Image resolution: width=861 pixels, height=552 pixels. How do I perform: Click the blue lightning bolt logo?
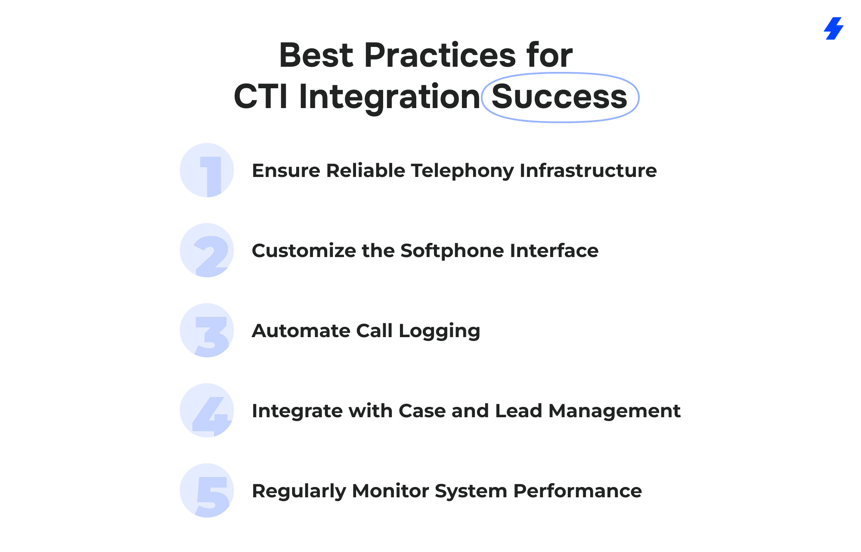pyautogui.click(x=833, y=28)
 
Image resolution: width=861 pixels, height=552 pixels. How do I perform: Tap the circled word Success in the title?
pyautogui.click(x=559, y=96)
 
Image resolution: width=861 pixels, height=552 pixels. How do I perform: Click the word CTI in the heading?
pyautogui.click(x=260, y=96)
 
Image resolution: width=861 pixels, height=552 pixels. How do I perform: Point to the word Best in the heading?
pyautogui.click(x=316, y=55)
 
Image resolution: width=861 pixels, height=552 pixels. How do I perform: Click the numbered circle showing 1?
pyautogui.click(x=207, y=170)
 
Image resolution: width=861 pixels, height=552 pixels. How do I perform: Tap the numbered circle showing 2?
pyautogui.click(x=207, y=250)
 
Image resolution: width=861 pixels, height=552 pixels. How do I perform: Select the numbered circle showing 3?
pyautogui.click(x=207, y=330)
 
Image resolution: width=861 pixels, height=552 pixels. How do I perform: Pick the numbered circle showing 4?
pyautogui.click(x=207, y=410)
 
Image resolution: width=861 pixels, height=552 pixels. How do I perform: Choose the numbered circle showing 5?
pyautogui.click(x=207, y=490)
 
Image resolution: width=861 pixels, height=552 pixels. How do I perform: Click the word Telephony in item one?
pyautogui.click(x=462, y=171)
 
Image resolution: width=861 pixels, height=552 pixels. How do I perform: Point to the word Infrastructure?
pyautogui.click(x=588, y=171)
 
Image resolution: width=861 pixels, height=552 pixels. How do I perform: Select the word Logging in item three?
pyautogui.click(x=439, y=332)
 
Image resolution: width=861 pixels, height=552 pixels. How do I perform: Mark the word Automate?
pyautogui.click(x=301, y=331)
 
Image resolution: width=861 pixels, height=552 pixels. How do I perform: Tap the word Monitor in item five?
pyautogui.click(x=390, y=491)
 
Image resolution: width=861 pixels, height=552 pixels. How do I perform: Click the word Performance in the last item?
pyautogui.click(x=577, y=491)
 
